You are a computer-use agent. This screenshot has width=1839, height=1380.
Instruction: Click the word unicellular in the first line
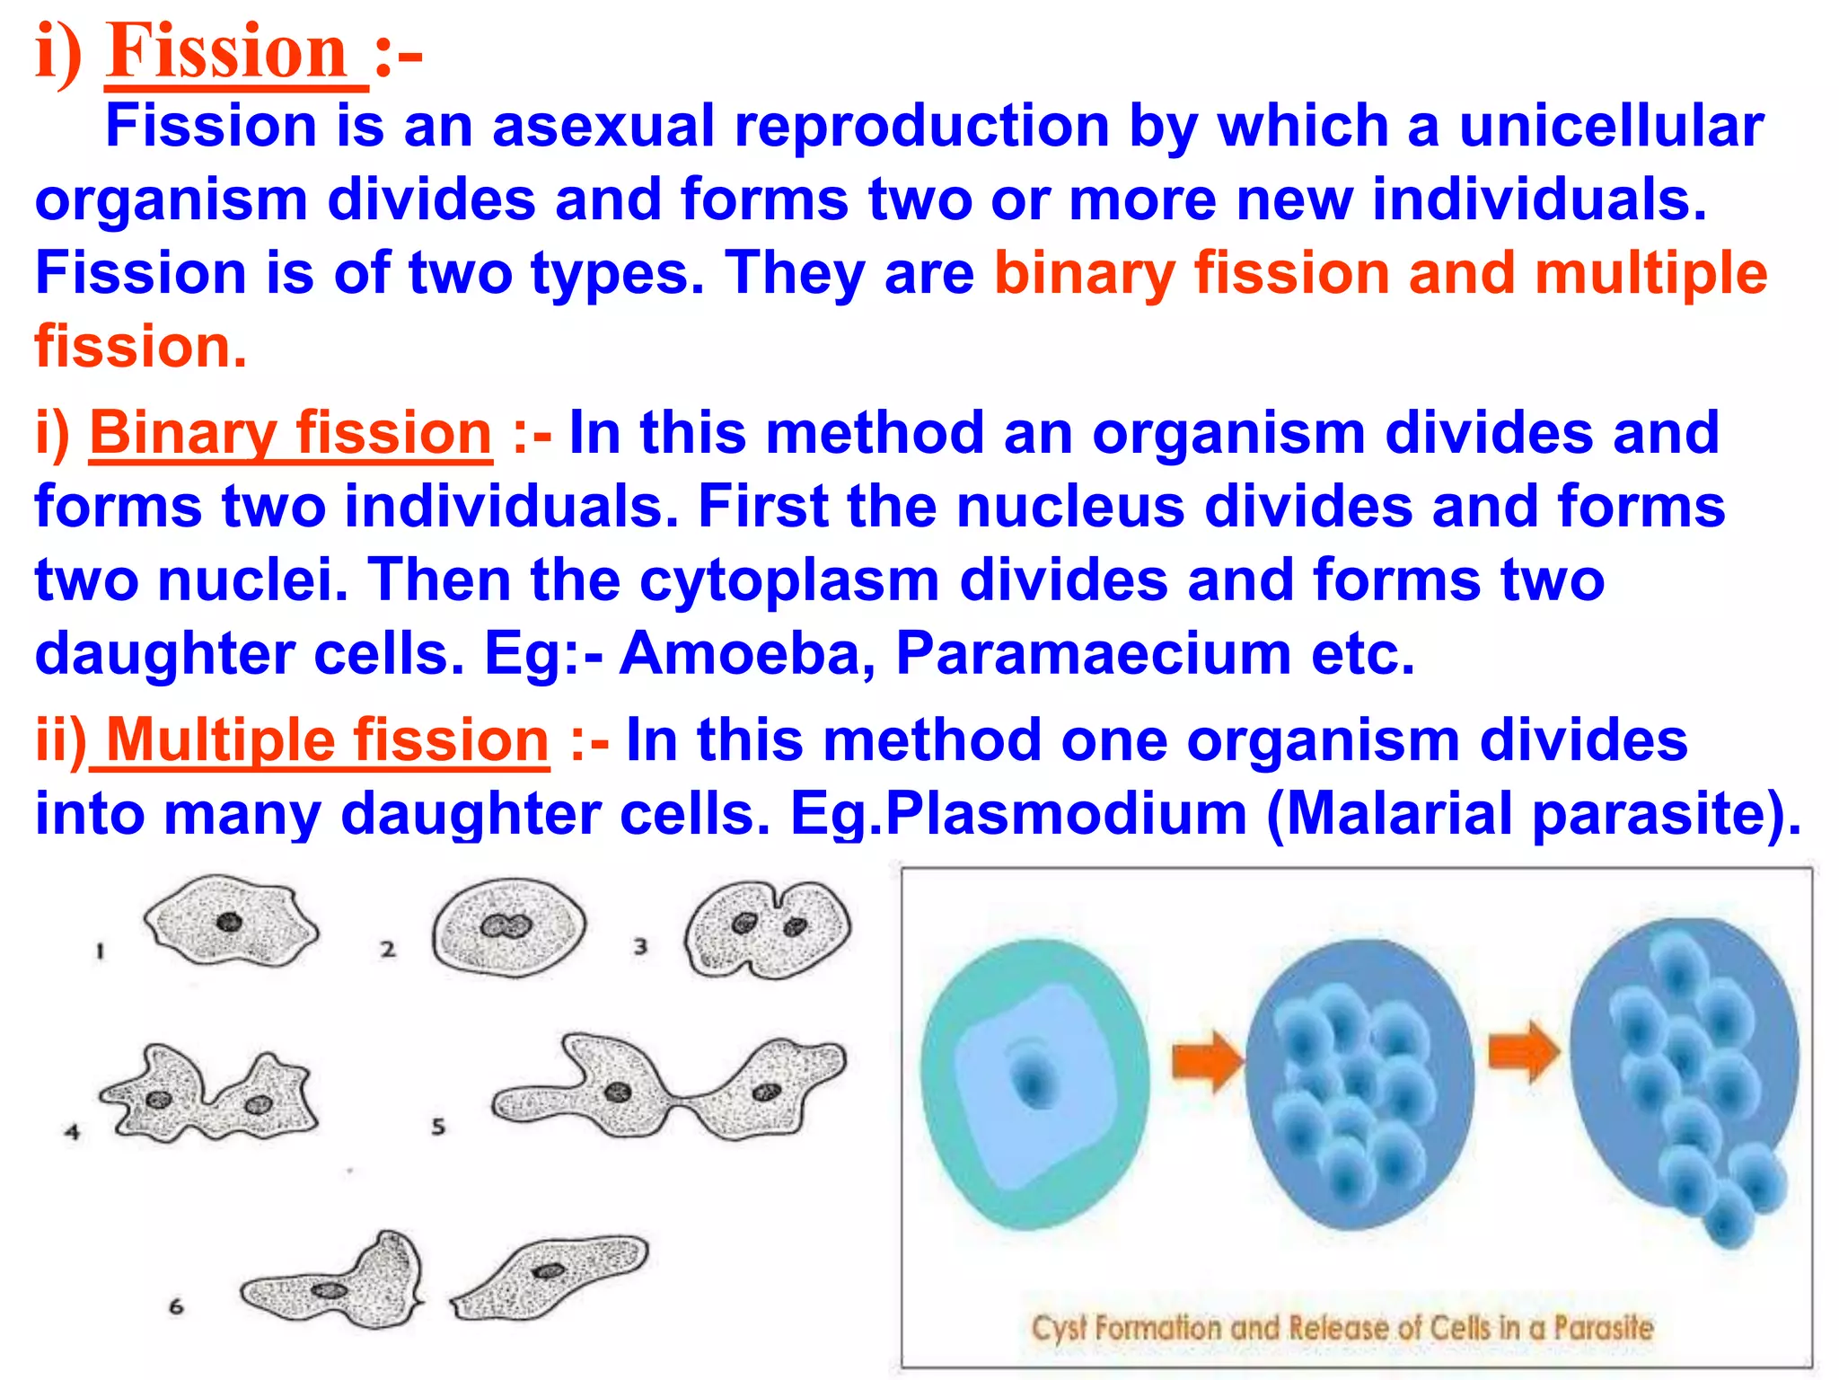pos(1611,126)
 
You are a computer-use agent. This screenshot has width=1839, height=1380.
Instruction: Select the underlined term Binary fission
pos(291,433)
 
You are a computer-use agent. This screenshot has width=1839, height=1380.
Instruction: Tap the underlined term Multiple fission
pos(327,740)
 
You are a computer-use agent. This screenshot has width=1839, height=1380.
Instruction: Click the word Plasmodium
pos(1067,814)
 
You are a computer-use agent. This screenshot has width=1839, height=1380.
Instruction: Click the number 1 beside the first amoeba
pos(101,951)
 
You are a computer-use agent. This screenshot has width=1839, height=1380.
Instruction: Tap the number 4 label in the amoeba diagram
pos(73,1132)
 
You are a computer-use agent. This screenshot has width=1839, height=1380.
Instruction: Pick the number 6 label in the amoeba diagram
pos(176,1306)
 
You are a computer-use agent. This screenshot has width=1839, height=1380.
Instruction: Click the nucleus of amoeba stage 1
pos(230,922)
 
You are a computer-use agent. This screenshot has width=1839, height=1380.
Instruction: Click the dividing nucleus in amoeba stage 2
pos(506,926)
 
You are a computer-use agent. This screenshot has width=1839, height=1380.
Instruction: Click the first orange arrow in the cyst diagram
pos(1206,1060)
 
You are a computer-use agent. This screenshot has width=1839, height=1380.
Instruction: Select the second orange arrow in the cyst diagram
pos(1523,1051)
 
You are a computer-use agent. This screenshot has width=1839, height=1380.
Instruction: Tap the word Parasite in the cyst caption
pos(1604,1328)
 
